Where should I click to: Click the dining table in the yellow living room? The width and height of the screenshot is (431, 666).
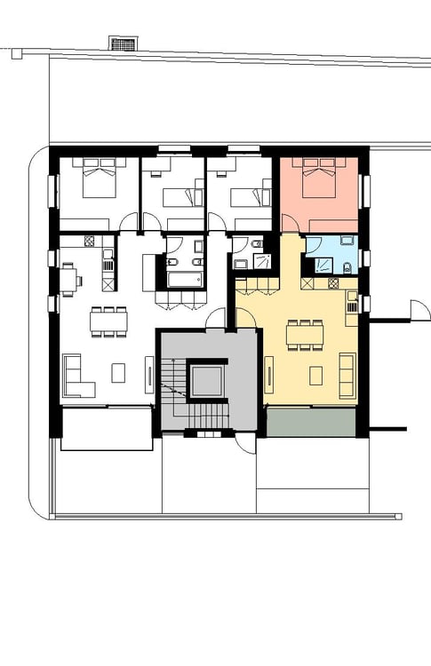[x=304, y=335]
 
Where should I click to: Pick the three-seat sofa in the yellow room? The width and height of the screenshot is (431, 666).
[x=347, y=374]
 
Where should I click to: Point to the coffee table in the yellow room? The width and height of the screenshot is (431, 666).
[x=315, y=375]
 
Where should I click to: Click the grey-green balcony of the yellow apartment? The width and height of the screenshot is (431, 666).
[x=310, y=422]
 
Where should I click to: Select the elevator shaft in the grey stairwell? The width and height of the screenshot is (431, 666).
[x=205, y=381]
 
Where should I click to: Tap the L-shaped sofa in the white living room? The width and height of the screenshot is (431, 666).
[x=76, y=377]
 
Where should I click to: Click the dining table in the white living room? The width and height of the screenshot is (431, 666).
[x=108, y=321]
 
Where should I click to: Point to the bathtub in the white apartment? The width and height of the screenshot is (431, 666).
[x=184, y=281]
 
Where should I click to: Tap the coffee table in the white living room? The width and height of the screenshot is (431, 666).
[x=118, y=373]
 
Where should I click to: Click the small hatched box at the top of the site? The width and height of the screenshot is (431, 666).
[x=124, y=43]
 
